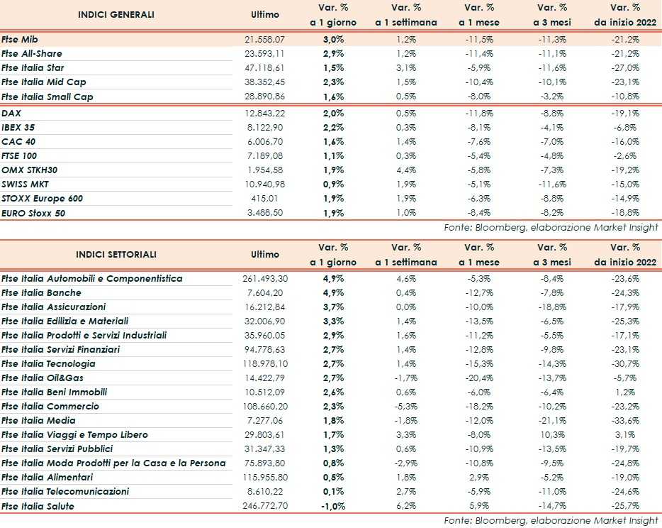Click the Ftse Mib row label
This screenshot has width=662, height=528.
pos(20,40)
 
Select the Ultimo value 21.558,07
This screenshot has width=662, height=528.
pos(265,40)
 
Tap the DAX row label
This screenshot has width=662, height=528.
pos(11,113)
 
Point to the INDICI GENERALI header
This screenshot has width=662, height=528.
pos(116,14)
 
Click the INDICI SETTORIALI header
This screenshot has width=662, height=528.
pos(116,254)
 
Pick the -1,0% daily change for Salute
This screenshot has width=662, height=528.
pos(333,506)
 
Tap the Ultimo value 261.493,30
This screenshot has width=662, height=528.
pos(265,278)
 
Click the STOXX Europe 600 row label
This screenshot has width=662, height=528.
pos(43,198)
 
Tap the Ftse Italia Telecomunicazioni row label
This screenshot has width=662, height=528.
pos(65,492)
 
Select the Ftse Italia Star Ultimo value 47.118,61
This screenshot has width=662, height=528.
pos(265,68)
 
